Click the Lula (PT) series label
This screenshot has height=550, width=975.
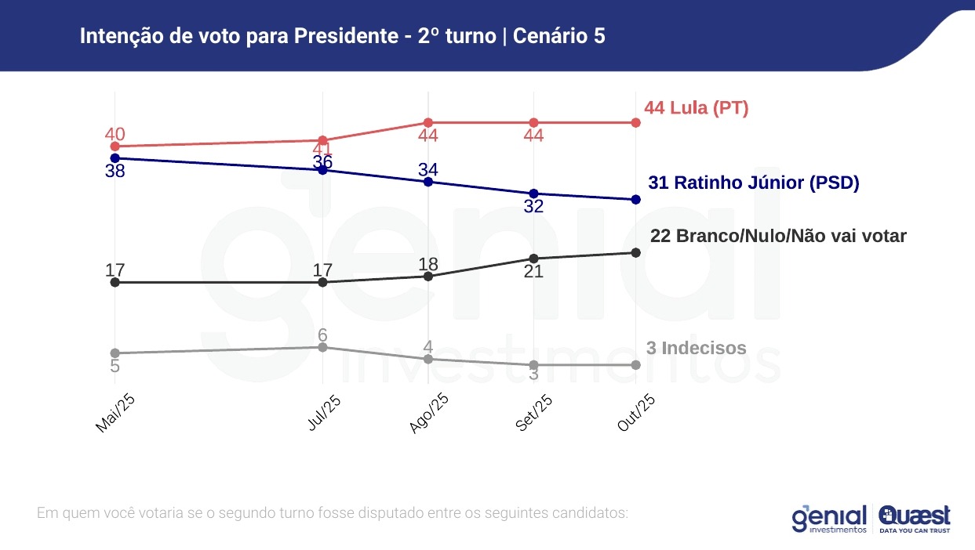click(696, 108)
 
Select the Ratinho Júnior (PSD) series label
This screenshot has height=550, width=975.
click(753, 183)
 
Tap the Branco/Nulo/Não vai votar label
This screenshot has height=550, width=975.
click(778, 236)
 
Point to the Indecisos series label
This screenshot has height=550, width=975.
click(696, 349)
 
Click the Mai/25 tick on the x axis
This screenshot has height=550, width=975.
click(116, 413)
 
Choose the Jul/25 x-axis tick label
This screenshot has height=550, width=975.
click(324, 413)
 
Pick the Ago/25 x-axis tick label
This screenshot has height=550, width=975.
click(429, 413)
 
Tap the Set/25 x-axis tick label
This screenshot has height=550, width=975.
click(534, 413)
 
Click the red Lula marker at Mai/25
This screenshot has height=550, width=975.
click(115, 147)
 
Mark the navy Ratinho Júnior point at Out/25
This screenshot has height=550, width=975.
click(635, 200)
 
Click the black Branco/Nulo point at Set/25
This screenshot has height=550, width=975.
click(533, 259)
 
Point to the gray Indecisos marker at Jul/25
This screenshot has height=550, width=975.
click(323, 347)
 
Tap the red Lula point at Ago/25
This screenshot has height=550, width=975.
click(428, 123)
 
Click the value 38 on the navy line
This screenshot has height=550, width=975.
click(115, 171)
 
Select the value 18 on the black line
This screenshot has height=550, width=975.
click(428, 263)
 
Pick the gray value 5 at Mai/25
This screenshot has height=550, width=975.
click(115, 366)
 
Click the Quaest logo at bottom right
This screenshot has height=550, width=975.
click(915, 518)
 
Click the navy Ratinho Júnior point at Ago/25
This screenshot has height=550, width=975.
click(428, 182)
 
